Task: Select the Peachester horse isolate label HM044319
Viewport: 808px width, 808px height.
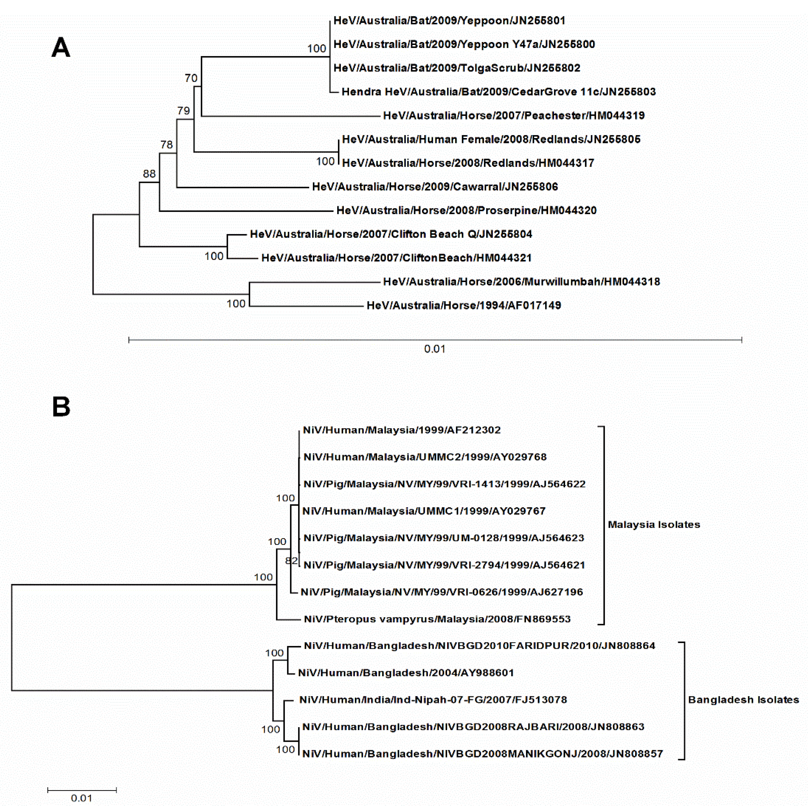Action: tap(513, 116)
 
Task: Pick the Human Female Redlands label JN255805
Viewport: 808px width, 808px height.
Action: tap(491, 139)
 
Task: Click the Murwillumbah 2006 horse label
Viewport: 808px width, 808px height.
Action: tap(521, 282)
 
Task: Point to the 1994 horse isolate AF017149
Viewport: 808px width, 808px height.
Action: tap(463, 306)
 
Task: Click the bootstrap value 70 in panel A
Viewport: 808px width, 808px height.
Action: tap(191, 78)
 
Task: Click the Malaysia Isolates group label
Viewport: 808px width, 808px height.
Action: tap(654, 525)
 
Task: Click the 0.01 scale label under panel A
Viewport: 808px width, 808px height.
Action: tap(435, 349)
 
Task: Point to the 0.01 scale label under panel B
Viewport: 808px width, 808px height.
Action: tap(82, 798)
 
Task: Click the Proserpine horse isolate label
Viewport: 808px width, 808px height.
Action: tap(466, 210)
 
